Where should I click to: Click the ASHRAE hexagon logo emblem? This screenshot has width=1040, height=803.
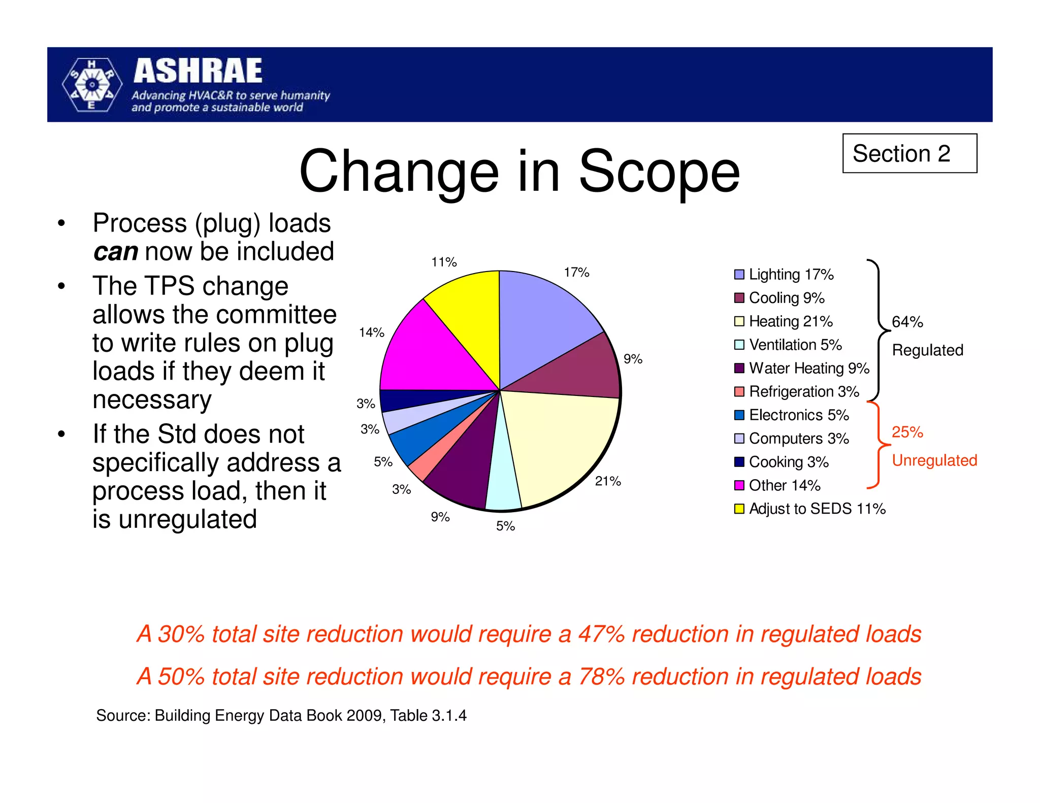tap(92, 85)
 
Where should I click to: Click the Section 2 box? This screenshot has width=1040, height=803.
tap(909, 153)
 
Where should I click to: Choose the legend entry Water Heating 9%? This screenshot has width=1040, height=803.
tap(808, 368)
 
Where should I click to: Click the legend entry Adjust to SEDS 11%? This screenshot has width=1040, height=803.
tap(817, 509)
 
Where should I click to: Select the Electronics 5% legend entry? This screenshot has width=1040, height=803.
tap(798, 415)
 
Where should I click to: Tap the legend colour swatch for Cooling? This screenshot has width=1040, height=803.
tap(739, 298)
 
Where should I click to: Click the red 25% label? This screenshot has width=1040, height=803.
tap(907, 432)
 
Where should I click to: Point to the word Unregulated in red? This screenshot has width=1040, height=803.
tap(934, 460)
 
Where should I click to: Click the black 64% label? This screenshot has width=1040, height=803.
tap(907, 322)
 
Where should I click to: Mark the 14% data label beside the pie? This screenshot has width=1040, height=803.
tap(371, 332)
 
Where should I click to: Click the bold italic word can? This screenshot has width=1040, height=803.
tap(115, 252)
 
